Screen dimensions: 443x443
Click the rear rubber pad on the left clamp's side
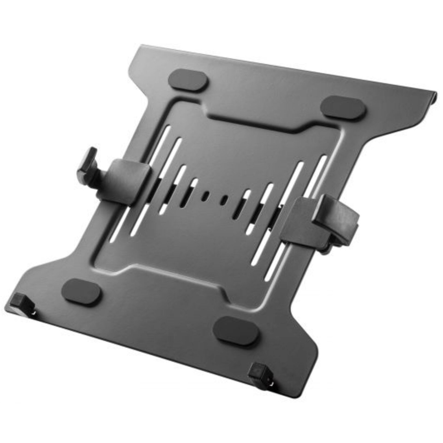tap(188, 80)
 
